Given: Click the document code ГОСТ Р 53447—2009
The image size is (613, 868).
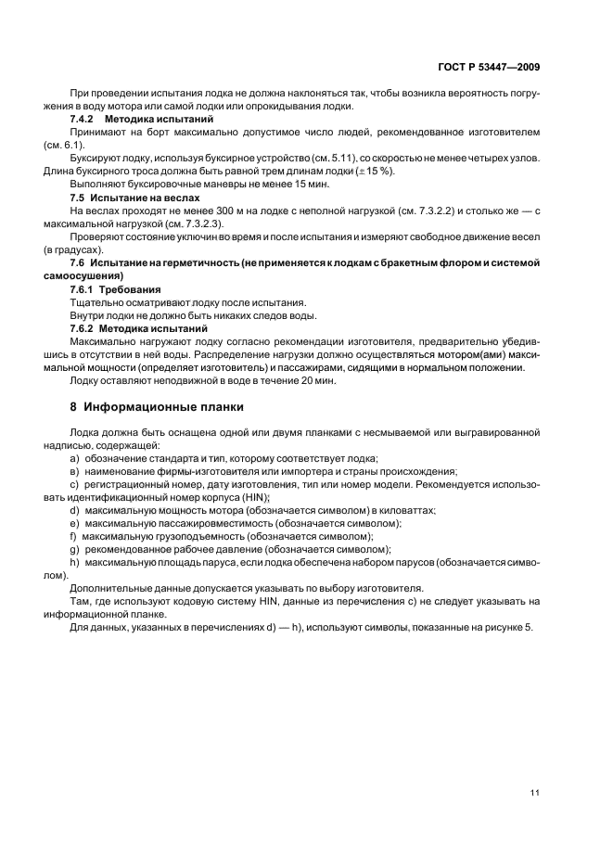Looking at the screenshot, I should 489,67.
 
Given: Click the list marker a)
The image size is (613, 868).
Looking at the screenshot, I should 75,458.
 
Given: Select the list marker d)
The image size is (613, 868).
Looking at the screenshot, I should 75,510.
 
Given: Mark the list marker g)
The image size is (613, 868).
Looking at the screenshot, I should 75,549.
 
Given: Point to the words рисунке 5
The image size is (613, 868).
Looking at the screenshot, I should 506,627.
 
